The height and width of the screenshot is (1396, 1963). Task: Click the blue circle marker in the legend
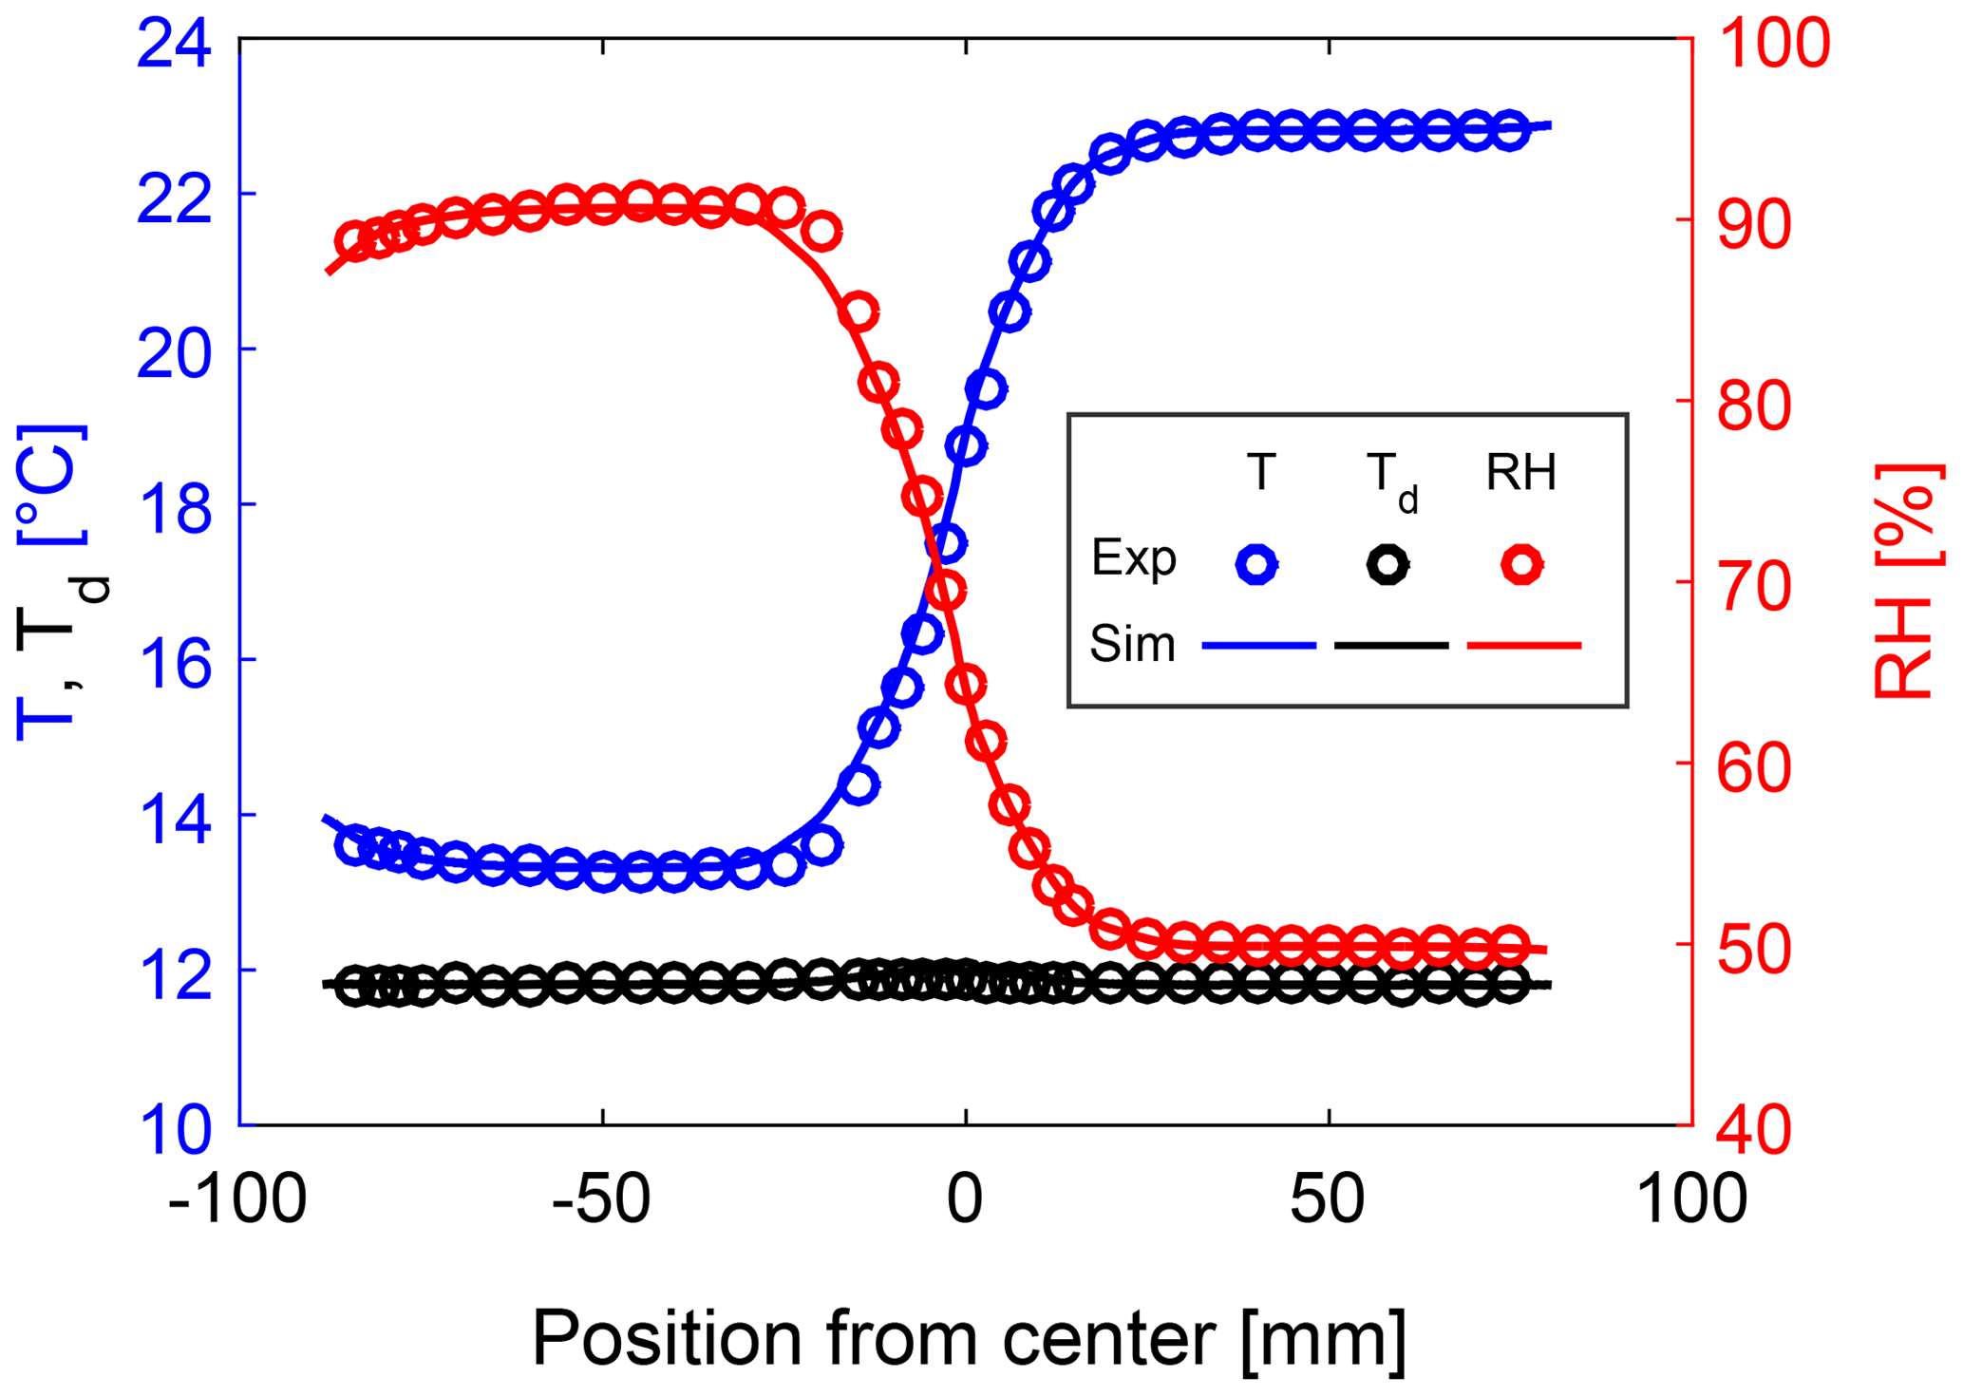[1256, 564]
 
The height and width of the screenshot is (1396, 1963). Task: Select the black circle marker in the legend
[1387, 564]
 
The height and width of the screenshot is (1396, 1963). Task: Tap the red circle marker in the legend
[1521, 564]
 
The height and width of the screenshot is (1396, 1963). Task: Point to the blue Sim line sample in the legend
[1258, 646]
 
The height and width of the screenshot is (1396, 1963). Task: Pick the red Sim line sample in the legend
[1523, 646]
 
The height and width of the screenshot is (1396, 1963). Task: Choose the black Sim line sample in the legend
[1391, 646]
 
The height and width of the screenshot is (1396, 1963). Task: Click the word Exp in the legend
[1133, 558]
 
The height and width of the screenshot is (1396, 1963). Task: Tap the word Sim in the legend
[1132, 645]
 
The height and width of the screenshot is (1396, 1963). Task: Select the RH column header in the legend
[1520, 472]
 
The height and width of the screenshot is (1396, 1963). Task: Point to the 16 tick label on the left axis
[175, 662]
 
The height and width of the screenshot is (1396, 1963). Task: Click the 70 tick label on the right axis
[1754, 587]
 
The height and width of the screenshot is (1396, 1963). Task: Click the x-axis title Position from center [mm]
[969, 1339]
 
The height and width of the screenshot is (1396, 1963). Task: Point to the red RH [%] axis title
[1903, 581]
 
